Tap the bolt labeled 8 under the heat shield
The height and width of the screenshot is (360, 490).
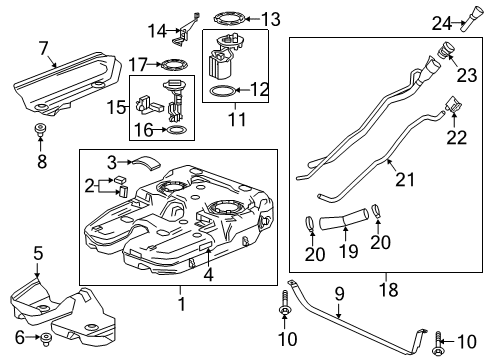(x=42, y=130)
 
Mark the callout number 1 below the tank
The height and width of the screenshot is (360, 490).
(x=181, y=303)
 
